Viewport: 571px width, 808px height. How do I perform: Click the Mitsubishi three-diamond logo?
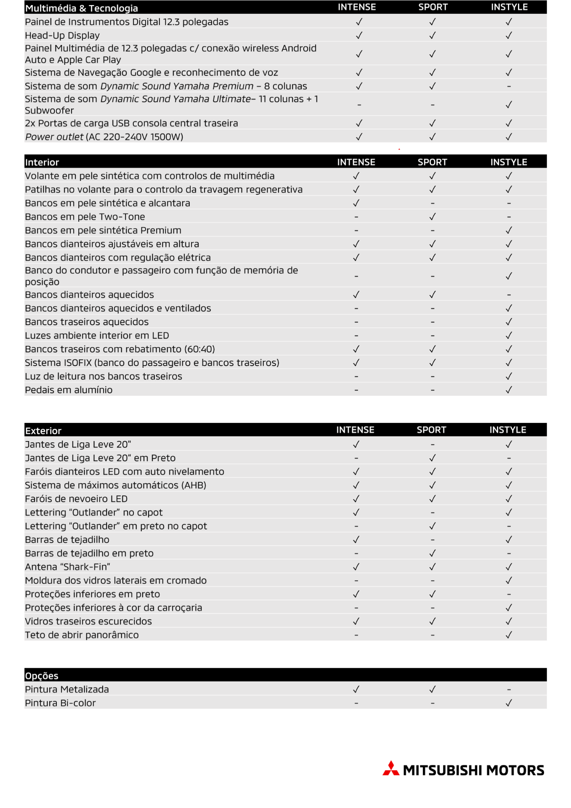(x=390, y=768)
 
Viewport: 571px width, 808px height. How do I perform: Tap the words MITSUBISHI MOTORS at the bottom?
(x=473, y=771)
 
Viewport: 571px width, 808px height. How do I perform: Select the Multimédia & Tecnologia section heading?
(x=81, y=8)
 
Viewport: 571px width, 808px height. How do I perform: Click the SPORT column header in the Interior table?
(x=432, y=162)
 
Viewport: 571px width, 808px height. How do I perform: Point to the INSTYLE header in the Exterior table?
(x=507, y=430)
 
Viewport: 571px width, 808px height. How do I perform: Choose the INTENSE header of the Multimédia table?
(x=357, y=7)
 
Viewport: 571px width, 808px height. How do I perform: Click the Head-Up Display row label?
(x=62, y=36)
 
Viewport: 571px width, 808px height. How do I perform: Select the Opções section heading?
(x=42, y=676)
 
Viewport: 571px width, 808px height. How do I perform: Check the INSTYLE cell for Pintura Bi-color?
(x=509, y=703)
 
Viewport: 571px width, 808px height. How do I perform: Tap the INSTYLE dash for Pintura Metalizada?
(x=509, y=690)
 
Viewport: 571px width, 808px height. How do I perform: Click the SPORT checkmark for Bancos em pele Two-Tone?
(x=432, y=217)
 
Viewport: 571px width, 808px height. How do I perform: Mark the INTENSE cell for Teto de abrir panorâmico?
(x=356, y=635)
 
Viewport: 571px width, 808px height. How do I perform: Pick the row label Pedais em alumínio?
(x=69, y=390)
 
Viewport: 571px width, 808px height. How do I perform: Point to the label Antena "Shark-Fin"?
(x=67, y=567)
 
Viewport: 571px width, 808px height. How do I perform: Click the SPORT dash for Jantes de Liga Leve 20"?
(x=432, y=445)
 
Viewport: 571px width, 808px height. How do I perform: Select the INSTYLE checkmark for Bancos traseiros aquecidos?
(x=509, y=322)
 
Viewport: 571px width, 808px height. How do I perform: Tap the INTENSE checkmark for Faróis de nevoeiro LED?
(x=356, y=499)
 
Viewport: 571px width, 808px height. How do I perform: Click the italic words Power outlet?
(x=54, y=137)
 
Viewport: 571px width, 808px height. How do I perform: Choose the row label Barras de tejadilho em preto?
(x=89, y=553)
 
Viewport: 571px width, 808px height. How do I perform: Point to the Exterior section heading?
(x=43, y=431)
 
